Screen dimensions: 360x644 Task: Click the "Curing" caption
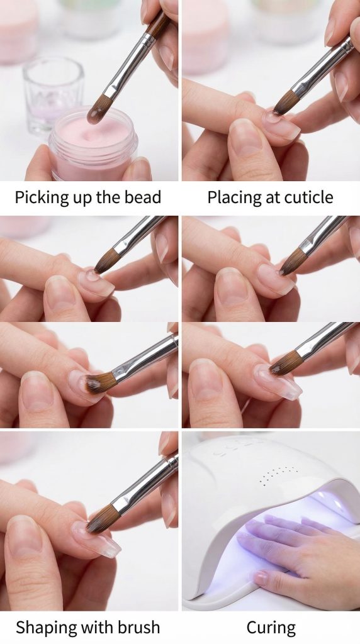271,628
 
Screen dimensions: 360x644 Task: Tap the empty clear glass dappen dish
53,96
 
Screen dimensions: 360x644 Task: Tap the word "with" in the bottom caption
96,628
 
